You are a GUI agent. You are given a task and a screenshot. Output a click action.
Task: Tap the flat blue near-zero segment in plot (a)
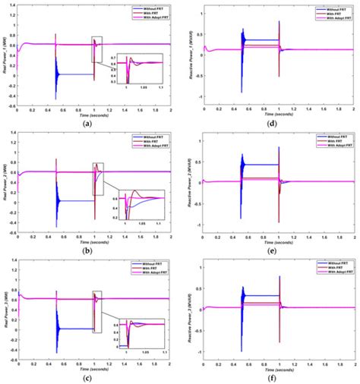click(74, 74)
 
